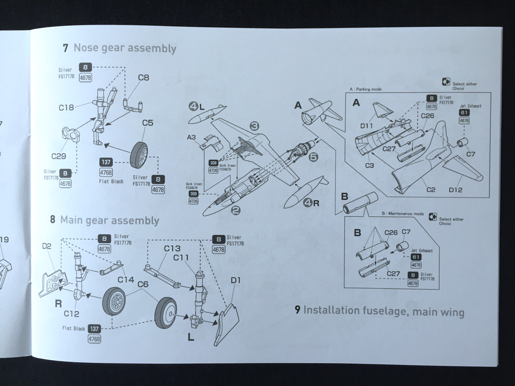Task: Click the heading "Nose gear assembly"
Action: pyautogui.click(x=125, y=49)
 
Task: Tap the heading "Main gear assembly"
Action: pyautogui.click(x=110, y=220)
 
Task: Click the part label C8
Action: pyautogui.click(x=143, y=78)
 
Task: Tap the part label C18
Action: pyautogui.click(x=67, y=108)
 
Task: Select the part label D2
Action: pyautogui.click(x=47, y=246)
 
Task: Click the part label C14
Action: pyautogui.click(x=126, y=279)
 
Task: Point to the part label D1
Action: pyautogui.click(x=237, y=280)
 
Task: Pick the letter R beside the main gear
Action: pyautogui.click(x=58, y=304)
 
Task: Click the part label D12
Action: pyautogui.click(x=456, y=190)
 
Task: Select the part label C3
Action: pyautogui.click(x=370, y=166)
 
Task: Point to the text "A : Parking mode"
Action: pyautogui.click(x=365, y=89)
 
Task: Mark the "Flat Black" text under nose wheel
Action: pyautogui.click(x=111, y=181)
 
